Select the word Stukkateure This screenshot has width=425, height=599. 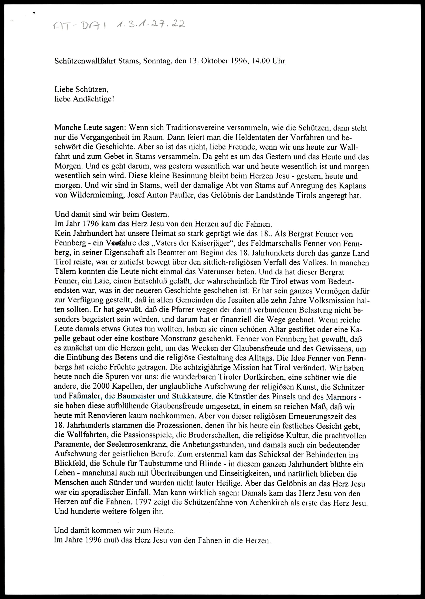191,397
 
